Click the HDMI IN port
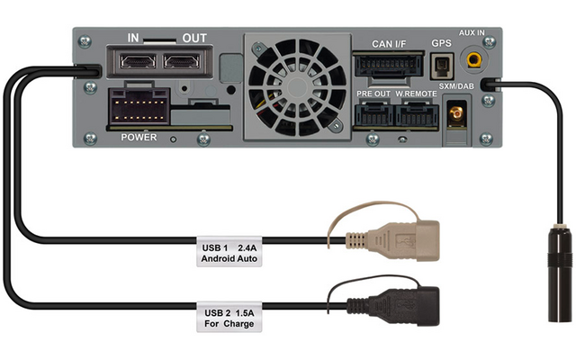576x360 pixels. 138,61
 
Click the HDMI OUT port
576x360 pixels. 182,61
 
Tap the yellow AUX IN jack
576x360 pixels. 474,58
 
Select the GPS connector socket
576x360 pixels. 442,67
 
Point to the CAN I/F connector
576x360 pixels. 388,65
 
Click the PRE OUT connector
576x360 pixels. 374,114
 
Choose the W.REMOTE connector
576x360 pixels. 418,114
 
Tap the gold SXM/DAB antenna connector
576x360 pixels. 456,114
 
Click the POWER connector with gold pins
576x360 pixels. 139,106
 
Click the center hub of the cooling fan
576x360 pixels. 298,86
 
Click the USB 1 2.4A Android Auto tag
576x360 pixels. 229,252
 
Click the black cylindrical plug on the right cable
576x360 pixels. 560,274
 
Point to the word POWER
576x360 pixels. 139,138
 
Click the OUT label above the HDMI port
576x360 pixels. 194,38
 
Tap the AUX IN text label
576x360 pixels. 472,33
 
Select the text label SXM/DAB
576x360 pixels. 456,86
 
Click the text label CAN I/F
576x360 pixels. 389,44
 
